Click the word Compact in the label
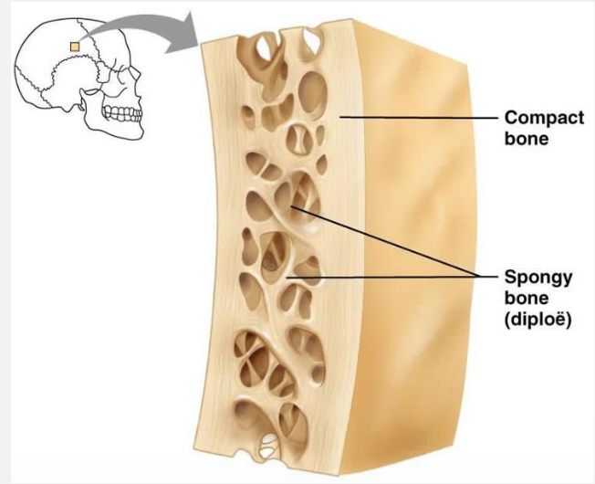pyautogui.click(x=544, y=119)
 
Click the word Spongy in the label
pyautogui.click(x=538, y=279)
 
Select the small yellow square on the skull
pyautogui.click(x=75, y=47)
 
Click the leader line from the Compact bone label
pyautogui.click(x=419, y=118)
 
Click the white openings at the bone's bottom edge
pyautogui.click(x=269, y=445)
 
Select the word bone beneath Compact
pyautogui.click(x=527, y=139)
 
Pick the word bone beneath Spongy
pyautogui.click(x=527, y=298)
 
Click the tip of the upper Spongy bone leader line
pyautogui.click(x=291, y=206)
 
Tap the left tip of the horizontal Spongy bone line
pyautogui.click(x=287, y=278)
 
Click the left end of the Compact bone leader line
pyautogui.click(x=340, y=118)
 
